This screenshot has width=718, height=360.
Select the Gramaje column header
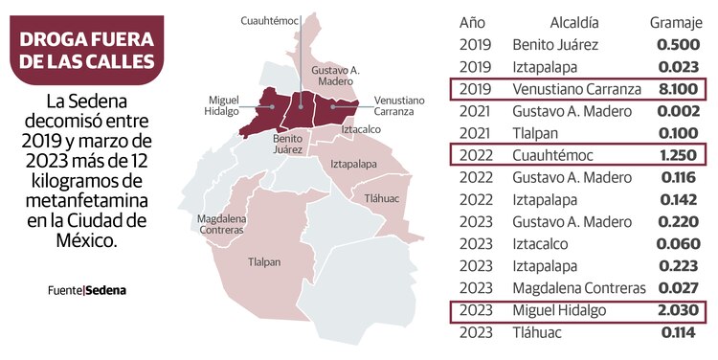(x=677, y=22)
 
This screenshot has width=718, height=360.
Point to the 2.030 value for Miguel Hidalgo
(x=679, y=311)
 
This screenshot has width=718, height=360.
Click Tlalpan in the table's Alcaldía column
(x=537, y=133)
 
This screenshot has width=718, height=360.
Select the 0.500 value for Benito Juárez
(x=679, y=45)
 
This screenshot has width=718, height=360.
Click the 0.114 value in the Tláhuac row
(x=679, y=333)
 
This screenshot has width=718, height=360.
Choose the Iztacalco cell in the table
(x=543, y=244)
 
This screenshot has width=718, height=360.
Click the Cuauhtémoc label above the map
(x=269, y=19)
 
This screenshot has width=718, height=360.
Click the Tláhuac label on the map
(x=382, y=197)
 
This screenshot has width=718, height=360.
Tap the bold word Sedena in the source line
(x=106, y=290)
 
